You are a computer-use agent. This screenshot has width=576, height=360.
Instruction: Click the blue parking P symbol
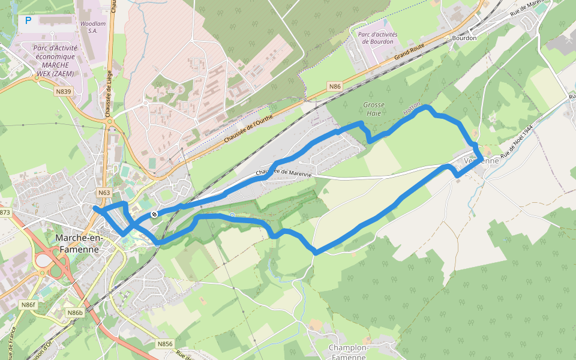[x=28, y=21]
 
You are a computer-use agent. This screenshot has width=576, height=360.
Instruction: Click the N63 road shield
[x=104, y=193]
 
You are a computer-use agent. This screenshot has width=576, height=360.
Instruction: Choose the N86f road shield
[x=28, y=305]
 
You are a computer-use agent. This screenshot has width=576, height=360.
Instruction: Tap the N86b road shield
[x=75, y=313]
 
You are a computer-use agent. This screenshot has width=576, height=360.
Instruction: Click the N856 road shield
[x=165, y=344]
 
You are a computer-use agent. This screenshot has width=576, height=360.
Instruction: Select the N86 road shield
[x=335, y=87]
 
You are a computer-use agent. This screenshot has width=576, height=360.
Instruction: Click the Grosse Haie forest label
[x=374, y=109]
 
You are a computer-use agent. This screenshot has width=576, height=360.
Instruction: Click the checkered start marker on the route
[x=155, y=214]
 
